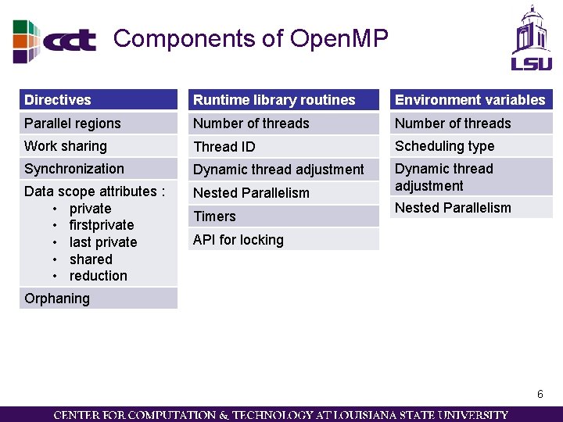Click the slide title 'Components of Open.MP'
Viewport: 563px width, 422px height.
point(250,38)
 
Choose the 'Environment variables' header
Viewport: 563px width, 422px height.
point(470,100)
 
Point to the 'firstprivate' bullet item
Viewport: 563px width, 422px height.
point(102,225)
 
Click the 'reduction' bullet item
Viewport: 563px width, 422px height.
point(98,276)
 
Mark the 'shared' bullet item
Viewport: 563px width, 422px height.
point(91,259)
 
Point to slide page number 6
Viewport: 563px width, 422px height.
point(540,395)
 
